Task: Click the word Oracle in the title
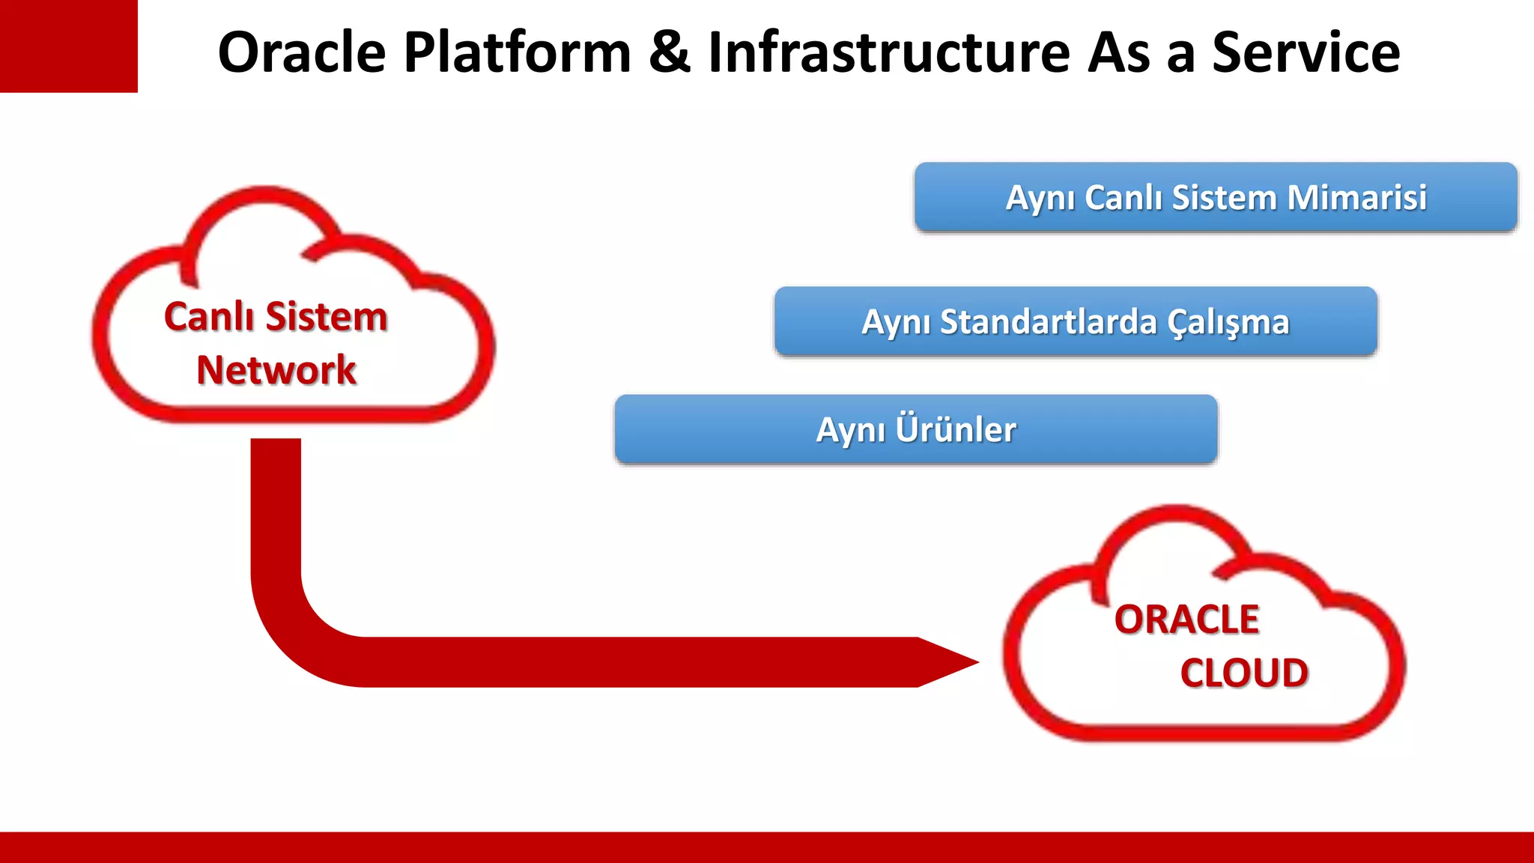[x=301, y=52]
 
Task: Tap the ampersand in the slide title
[x=669, y=52]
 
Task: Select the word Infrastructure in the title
[x=889, y=52]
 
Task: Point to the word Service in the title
[x=1306, y=52]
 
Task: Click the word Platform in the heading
[x=518, y=52]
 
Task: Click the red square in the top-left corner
[x=68, y=46]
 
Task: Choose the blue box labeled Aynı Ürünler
[x=916, y=429]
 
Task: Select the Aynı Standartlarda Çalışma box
[x=1076, y=321]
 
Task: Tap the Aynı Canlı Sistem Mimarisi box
[x=1216, y=197]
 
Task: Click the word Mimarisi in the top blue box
[x=1356, y=198]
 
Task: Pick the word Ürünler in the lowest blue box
[x=956, y=429]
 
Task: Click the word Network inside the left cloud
[x=276, y=370]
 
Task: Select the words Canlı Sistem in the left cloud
[x=276, y=316]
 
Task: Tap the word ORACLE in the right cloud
[x=1186, y=620]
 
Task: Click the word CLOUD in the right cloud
[x=1244, y=673]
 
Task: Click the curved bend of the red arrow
[x=300, y=637]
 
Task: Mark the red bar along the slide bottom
[x=767, y=847]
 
